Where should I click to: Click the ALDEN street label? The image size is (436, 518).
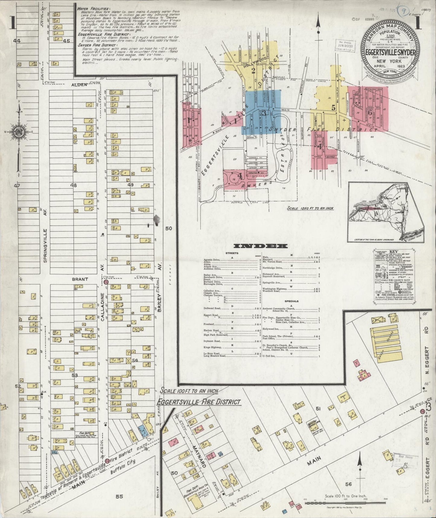[x=80, y=85]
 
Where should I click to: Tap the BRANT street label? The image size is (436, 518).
[x=80, y=279]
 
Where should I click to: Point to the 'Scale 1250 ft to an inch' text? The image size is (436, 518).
[x=310, y=208]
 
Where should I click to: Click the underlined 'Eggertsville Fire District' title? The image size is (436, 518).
[x=199, y=402]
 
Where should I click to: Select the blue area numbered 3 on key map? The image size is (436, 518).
[x=263, y=113]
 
